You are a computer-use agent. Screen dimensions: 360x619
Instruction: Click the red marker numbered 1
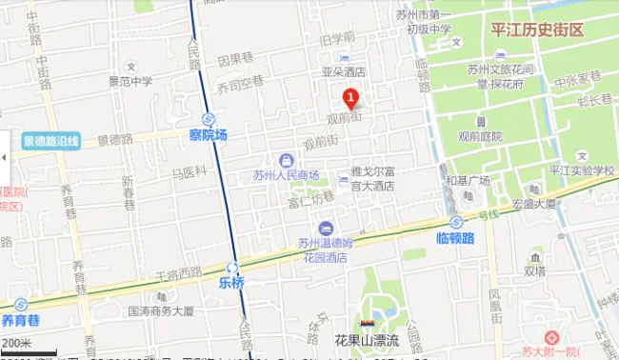click(x=349, y=97)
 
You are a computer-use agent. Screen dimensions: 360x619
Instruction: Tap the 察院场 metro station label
click(x=208, y=135)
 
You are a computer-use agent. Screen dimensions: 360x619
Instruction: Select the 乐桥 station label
click(x=231, y=283)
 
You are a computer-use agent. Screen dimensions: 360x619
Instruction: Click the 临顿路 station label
click(x=454, y=237)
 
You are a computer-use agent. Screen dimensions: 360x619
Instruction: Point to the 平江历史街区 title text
click(x=536, y=30)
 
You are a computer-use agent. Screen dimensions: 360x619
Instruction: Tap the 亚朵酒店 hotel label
click(x=343, y=71)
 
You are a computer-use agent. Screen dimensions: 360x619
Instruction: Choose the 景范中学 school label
click(x=130, y=81)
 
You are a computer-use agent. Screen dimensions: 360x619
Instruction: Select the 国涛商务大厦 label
click(x=160, y=310)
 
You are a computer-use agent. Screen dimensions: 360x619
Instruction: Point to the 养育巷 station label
click(x=20, y=319)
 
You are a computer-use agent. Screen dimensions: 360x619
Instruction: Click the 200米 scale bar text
click(x=16, y=343)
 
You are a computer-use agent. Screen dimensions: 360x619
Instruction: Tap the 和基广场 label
click(x=467, y=181)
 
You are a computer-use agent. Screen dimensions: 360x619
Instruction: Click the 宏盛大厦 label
click(x=532, y=204)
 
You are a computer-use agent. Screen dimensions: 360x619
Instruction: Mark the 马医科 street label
click(x=189, y=172)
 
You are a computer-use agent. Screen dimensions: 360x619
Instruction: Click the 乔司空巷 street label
click(x=239, y=84)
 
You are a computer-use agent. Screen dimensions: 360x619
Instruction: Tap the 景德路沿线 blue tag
click(x=51, y=141)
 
